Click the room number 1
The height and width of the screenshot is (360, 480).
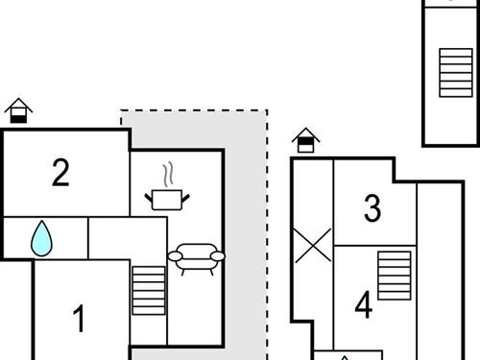81,318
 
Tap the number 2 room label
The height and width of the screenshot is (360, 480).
60,174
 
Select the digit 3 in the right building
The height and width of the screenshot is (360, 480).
372,206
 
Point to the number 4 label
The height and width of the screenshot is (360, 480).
363,306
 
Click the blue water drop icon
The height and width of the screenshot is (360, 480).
41,238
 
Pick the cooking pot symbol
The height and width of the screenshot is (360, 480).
167,199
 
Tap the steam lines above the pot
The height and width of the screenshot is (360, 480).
169,175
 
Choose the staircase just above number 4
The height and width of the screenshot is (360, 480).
394,276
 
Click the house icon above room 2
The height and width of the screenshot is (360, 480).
18,110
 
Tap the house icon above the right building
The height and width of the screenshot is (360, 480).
305,140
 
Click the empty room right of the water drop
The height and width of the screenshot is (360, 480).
127,238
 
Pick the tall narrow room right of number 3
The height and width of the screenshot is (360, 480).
440,269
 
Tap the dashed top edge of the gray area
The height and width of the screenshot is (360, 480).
192,110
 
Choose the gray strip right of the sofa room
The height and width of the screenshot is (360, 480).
245,240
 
